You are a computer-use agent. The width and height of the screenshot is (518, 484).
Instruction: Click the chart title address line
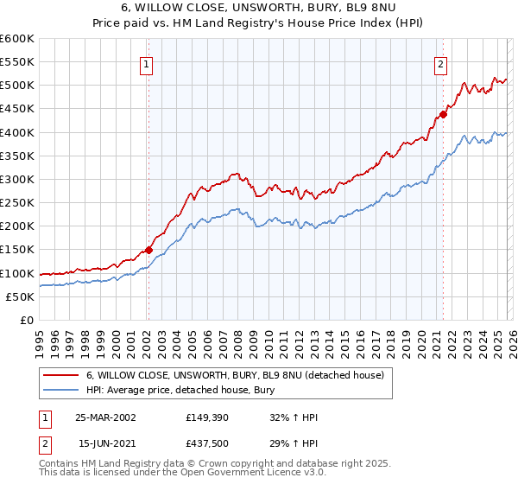tap(259, 9)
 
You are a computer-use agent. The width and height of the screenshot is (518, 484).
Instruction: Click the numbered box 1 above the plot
tap(147, 63)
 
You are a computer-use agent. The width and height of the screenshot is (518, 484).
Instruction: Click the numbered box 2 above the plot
tap(440, 63)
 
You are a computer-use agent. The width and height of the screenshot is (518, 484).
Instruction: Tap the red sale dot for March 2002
tap(148, 250)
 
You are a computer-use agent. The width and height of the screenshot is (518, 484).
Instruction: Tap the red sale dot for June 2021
tap(443, 114)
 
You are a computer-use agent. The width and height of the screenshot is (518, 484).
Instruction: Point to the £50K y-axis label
tap(21, 296)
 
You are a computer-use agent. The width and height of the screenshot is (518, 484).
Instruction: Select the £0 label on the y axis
tap(28, 320)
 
